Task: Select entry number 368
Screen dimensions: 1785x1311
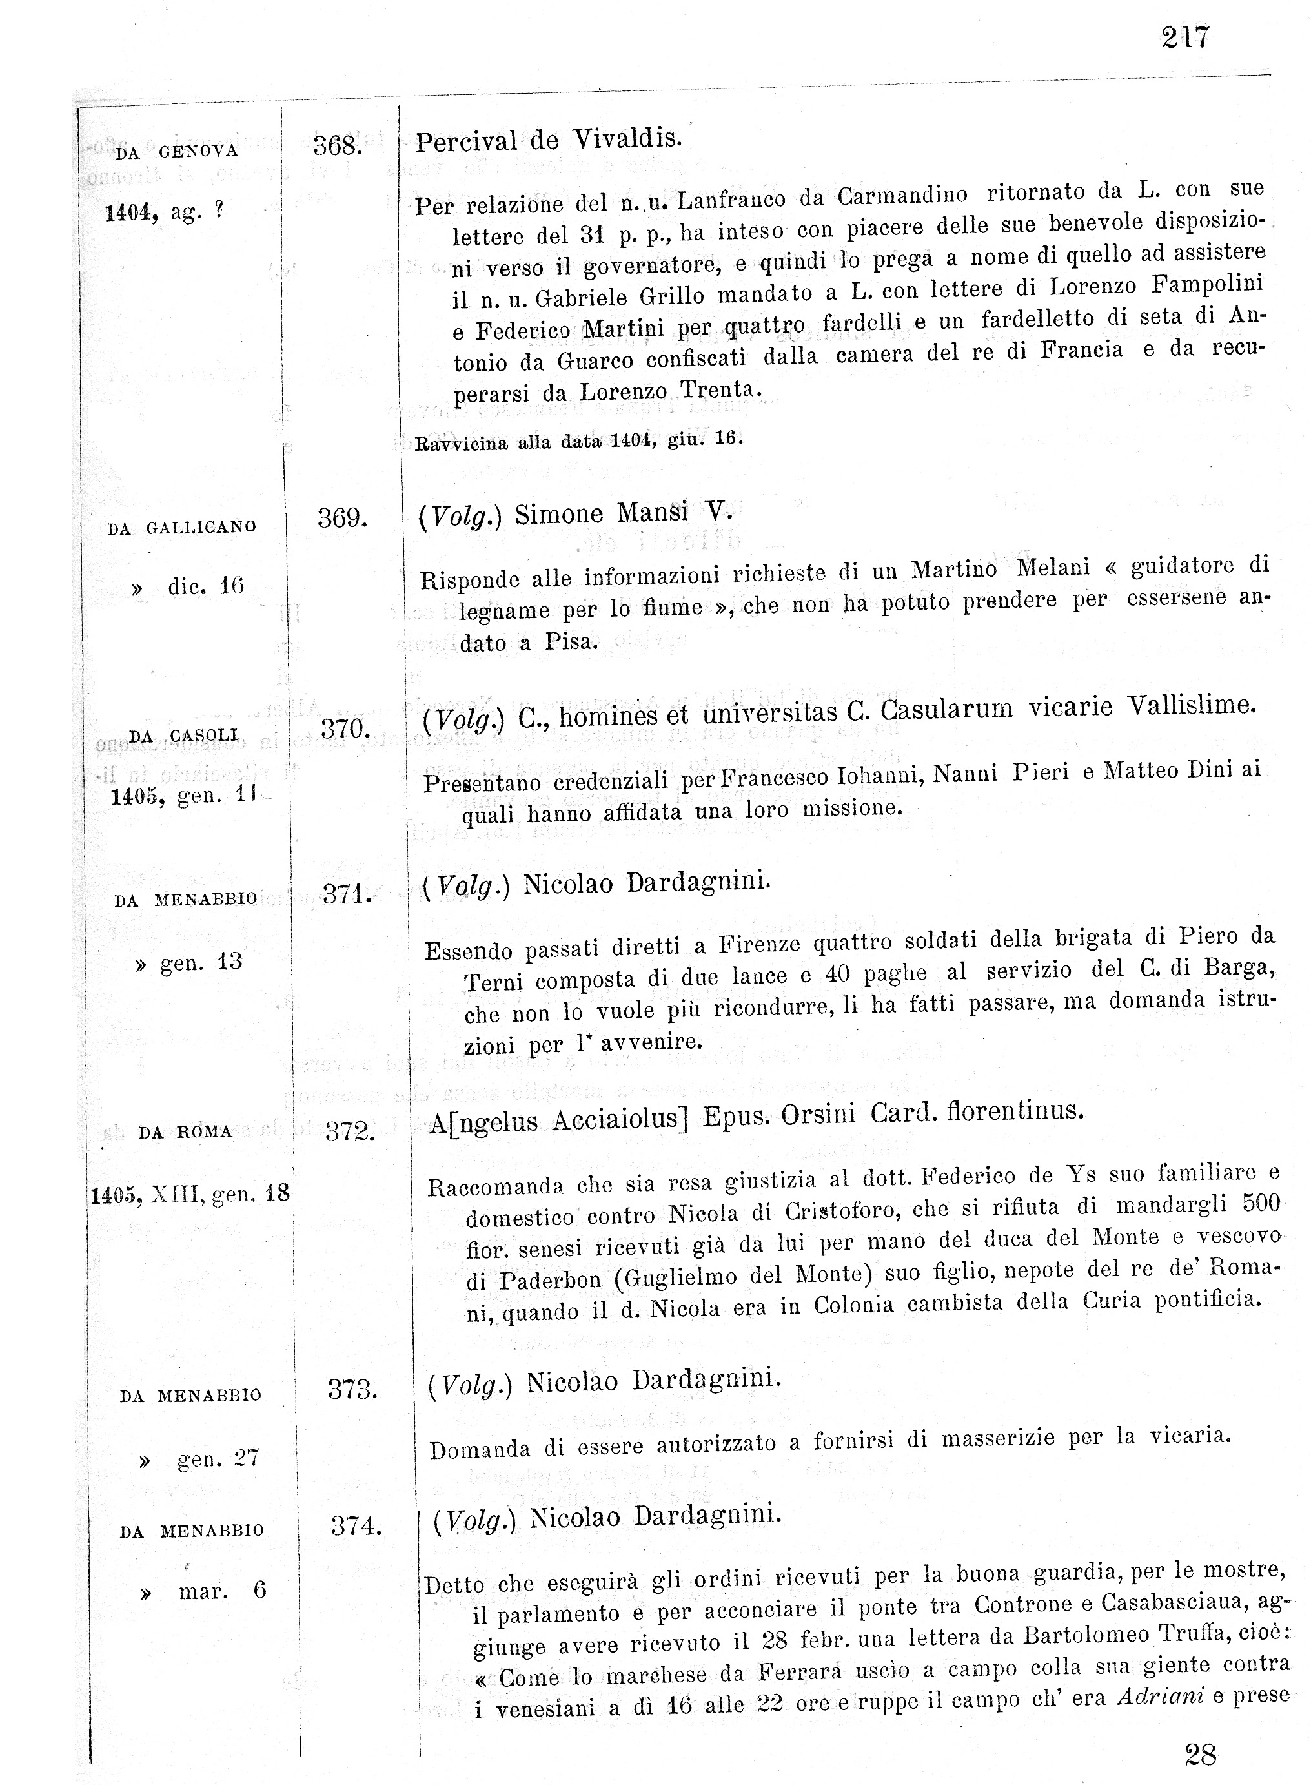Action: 338,146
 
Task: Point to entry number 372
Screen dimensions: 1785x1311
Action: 350,1131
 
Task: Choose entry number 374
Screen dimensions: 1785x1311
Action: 356,1525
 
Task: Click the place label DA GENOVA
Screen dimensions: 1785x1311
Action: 176,152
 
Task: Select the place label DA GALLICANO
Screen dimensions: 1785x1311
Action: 182,527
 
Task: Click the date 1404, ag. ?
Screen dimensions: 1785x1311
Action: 164,212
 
